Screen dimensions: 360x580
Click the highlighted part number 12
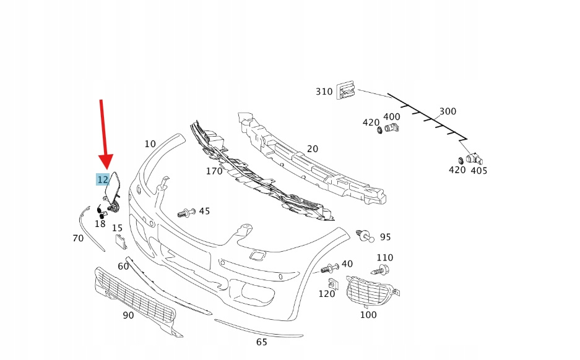click(103, 179)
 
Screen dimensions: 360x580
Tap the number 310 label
click(324, 92)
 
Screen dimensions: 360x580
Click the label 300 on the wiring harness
click(448, 111)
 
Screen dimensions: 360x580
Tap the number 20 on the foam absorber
click(313, 149)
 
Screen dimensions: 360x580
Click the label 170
click(214, 171)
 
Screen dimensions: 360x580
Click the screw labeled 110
click(381, 270)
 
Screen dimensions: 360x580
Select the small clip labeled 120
click(332, 284)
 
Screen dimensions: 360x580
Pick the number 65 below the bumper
click(262, 341)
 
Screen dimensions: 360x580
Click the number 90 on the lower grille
click(128, 315)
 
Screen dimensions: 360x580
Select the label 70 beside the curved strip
click(78, 238)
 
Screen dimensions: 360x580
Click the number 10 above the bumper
click(150, 144)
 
